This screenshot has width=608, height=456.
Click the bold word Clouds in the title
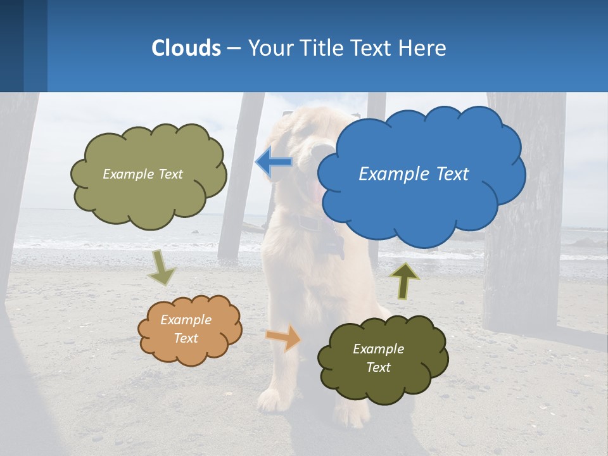click(x=186, y=48)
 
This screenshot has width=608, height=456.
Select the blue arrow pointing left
click(x=274, y=162)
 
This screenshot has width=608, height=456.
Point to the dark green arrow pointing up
click(x=405, y=281)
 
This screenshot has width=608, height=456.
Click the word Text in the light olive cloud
click(x=169, y=174)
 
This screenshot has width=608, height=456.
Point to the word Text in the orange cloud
click(x=186, y=338)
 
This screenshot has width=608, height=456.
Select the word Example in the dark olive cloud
click(x=378, y=349)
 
